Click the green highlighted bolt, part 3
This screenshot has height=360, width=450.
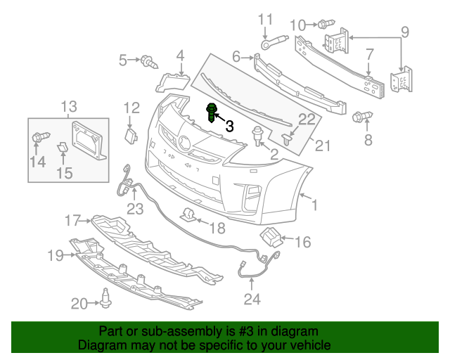211,112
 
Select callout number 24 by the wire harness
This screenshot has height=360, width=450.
252,300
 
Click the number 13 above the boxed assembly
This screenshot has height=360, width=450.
68,107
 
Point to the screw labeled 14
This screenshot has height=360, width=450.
39,137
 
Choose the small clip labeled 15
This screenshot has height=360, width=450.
61,147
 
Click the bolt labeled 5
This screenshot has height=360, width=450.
149,62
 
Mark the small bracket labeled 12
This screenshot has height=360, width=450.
131,135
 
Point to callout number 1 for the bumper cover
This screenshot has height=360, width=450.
314,205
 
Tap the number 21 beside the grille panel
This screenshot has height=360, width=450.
322,146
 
